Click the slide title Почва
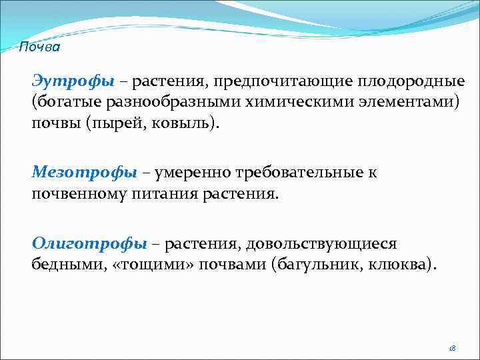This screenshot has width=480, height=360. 39,47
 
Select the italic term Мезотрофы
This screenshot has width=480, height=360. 84,173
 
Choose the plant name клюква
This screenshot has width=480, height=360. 400,265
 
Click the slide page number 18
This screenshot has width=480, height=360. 451,348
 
